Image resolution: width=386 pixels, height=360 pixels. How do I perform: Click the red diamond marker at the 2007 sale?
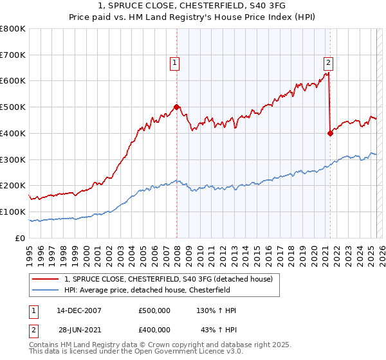(x=176, y=107)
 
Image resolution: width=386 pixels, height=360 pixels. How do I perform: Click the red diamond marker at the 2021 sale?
(x=330, y=133)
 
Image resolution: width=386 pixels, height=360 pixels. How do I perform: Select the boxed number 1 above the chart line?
(x=175, y=62)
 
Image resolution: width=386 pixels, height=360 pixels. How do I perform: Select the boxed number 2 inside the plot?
(x=328, y=62)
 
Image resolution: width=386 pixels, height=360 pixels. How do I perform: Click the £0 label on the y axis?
(x=20, y=238)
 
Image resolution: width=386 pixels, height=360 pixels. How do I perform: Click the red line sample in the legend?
(x=46, y=279)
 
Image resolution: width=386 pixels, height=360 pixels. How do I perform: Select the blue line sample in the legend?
(x=46, y=290)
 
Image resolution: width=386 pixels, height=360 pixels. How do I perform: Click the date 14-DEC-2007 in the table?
(x=79, y=310)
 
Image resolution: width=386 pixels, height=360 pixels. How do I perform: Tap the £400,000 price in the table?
(x=154, y=330)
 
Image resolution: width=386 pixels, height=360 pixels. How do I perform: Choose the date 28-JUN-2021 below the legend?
(x=79, y=330)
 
